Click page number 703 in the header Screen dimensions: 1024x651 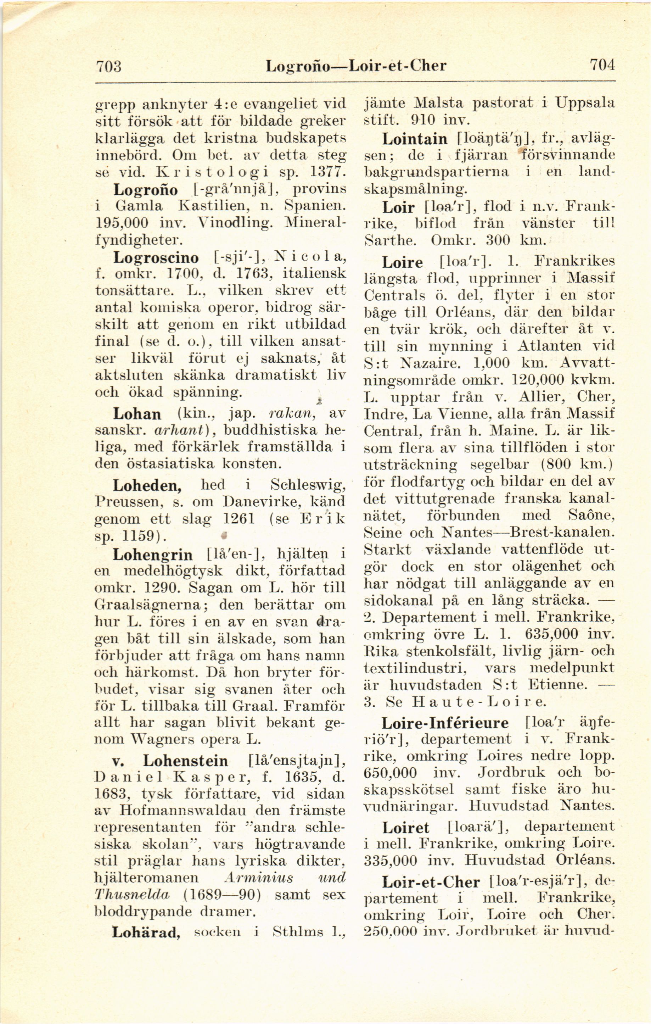[x=109, y=66]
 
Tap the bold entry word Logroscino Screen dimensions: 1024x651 [x=156, y=258]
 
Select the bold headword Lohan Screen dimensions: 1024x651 [x=137, y=414]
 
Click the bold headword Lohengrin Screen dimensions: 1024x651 [x=152, y=555]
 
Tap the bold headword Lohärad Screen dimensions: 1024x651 [x=146, y=933]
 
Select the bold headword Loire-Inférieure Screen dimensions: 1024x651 [x=445, y=723]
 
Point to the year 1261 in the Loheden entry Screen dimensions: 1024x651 [x=239, y=519]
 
